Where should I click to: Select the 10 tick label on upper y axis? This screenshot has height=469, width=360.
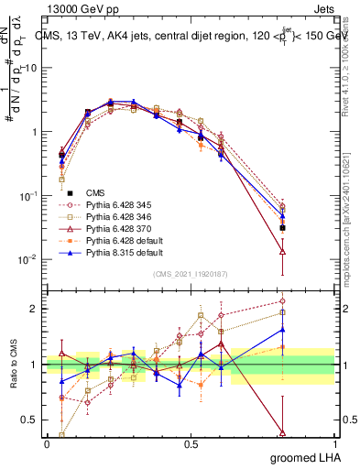pyautogui.click(x=31, y=69)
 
